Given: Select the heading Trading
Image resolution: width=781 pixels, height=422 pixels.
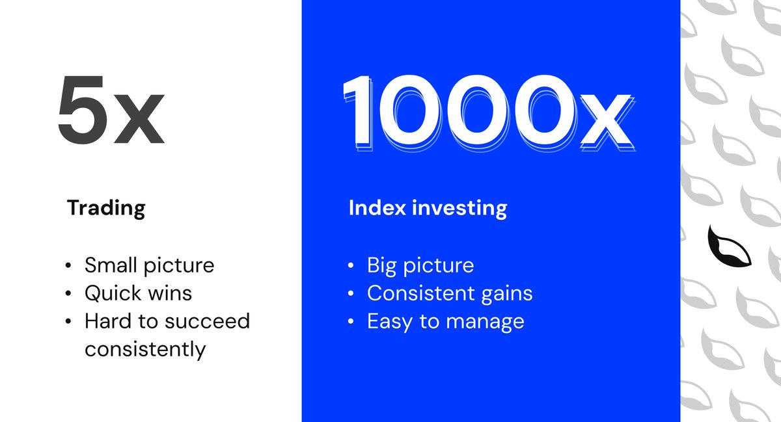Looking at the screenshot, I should (x=106, y=208).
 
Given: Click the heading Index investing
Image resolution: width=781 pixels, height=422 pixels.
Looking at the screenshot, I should (x=428, y=208).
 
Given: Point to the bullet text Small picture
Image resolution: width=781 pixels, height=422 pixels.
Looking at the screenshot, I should (x=149, y=265).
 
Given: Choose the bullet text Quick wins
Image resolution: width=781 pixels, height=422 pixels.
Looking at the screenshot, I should (x=138, y=293).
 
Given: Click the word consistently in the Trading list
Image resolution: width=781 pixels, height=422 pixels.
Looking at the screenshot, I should (x=144, y=349).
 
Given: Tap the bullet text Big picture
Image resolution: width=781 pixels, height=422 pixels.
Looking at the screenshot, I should (x=420, y=265).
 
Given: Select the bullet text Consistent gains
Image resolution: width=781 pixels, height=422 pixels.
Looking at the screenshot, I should (x=449, y=293).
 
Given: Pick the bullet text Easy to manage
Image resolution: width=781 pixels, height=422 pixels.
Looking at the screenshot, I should (x=445, y=321).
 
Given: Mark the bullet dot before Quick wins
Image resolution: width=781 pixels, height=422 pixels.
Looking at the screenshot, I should (x=69, y=294).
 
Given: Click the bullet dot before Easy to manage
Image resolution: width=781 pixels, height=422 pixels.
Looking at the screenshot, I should (x=351, y=322).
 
